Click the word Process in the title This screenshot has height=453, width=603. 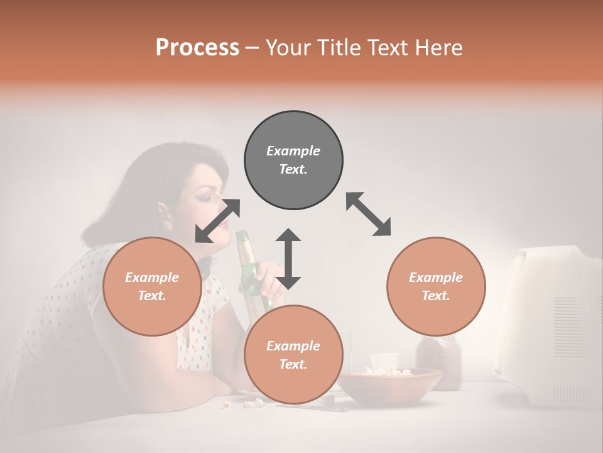tap(197, 47)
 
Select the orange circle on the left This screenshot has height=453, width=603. tap(152, 286)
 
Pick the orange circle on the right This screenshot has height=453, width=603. tap(436, 286)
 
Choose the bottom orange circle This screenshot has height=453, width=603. tap(293, 355)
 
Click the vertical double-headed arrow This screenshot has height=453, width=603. tap(288, 259)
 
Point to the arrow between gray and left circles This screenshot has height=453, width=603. tap(217, 220)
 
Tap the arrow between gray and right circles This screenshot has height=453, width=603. tap(368, 214)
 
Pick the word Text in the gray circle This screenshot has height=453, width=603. tap(293, 169)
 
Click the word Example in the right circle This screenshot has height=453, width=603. tap(436, 277)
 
